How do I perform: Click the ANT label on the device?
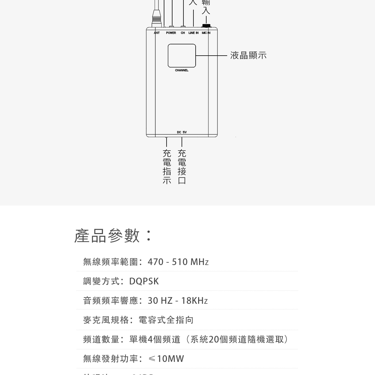coord(157,33)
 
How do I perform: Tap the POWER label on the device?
coord(171,33)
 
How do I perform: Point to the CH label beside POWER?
coord(183,33)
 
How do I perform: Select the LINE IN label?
coord(193,33)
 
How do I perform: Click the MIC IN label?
coord(206,33)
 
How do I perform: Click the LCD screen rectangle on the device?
coord(182,56)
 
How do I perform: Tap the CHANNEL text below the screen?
coord(182,71)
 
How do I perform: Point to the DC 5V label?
coord(182,132)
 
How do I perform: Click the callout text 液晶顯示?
coord(248,56)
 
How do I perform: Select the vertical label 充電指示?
coord(167,167)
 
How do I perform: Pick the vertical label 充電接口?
coord(182,167)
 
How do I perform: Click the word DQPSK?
coord(144,281)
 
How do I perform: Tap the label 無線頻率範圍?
coord(111,262)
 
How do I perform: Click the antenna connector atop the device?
coord(156,17)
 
